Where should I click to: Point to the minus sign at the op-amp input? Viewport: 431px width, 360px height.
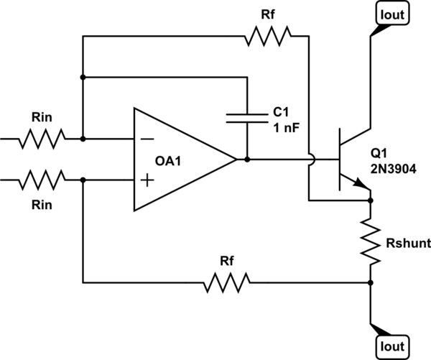147,138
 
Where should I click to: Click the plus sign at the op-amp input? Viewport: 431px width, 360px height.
147,180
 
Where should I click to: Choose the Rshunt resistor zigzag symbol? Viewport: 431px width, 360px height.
371,241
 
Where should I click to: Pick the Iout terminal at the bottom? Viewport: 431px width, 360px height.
390,346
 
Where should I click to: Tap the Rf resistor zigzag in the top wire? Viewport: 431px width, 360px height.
267,34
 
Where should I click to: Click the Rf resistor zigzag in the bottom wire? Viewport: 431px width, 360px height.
226,281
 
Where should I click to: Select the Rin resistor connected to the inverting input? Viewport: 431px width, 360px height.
42,137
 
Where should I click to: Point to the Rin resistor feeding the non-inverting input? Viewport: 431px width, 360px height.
42,180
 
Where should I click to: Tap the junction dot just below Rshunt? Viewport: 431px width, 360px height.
371,281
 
